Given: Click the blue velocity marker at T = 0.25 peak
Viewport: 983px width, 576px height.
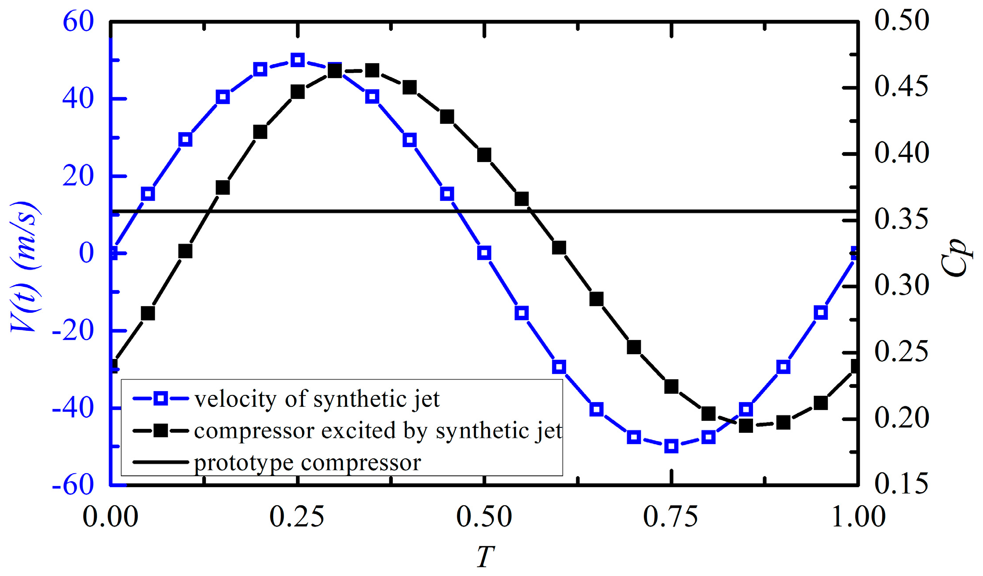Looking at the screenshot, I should (298, 60).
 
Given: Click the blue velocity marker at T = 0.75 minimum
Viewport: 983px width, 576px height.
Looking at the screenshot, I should (671, 446).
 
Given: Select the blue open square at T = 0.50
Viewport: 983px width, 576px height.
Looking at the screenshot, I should (484, 253).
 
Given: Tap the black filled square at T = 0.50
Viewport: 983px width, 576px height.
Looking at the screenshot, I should (484, 155).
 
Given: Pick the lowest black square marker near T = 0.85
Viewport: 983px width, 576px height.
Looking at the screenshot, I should (745, 426).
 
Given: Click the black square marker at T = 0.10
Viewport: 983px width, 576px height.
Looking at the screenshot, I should (186, 251).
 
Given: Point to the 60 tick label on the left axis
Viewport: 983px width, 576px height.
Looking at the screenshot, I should (78, 22).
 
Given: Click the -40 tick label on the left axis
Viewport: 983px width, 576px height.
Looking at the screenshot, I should (73, 409).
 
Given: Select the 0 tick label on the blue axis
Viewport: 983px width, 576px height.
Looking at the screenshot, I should (86, 253).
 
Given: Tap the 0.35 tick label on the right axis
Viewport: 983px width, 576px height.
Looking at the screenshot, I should (902, 219).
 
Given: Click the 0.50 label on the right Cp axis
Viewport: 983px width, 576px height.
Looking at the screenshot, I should (902, 20).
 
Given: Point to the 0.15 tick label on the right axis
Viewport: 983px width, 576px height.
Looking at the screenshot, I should (902, 484).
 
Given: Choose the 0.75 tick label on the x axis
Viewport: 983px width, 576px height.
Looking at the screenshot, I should (671, 517).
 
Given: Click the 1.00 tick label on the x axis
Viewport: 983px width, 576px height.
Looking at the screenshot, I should (858, 517).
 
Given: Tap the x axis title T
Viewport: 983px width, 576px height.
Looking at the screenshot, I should (485, 557).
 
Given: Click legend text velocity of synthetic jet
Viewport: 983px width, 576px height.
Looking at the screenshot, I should (317, 399).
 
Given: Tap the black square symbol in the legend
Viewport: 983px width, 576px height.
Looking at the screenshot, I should (161, 431).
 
